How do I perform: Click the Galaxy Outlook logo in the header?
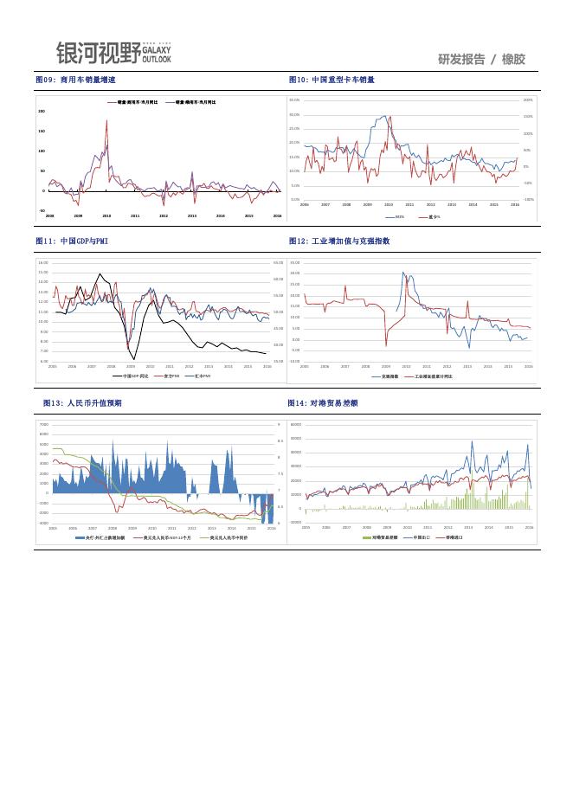[113, 53]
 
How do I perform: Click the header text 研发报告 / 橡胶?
[481, 59]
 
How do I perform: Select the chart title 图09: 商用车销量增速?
[76, 80]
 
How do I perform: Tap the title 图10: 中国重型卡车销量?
[332, 80]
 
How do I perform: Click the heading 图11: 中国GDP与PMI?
[72, 241]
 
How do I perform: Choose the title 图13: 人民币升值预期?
[82, 403]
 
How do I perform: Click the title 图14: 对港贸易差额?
[323, 403]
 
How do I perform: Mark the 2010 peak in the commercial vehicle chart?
[106, 121]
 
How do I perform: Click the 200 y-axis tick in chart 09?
[42, 112]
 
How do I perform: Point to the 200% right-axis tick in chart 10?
[528, 100]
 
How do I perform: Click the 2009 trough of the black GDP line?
[133, 357]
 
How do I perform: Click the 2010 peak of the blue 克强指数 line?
[403, 273]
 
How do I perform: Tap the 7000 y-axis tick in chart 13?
[44, 425]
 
